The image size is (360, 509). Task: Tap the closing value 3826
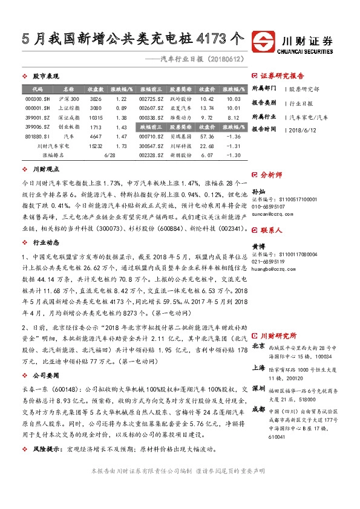pyautogui.click(x=96, y=98)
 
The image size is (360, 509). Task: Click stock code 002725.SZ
pyautogui.click(x=151, y=98)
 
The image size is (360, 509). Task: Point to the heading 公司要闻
pyautogui.click(x=41, y=375)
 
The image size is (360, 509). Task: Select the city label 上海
pyautogui.click(x=258, y=367)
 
